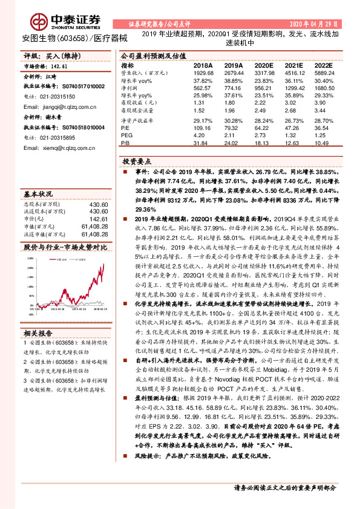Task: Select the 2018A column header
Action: [203, 65]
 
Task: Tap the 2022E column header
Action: [324, 65]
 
